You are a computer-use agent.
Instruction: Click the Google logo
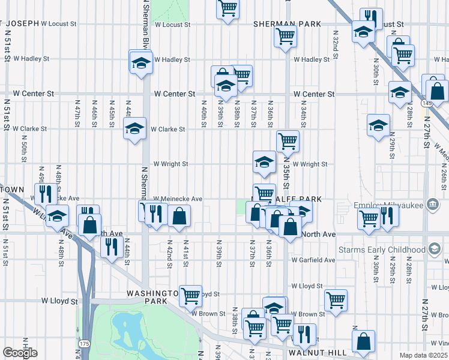(x=20, y=353)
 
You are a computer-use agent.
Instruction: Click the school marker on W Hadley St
(x=141, y=62)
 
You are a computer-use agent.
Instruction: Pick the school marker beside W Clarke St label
(x=134, y=128)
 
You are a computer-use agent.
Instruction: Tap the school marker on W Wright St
(x=264, y=161)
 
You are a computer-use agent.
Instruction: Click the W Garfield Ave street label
(x=313, y=260)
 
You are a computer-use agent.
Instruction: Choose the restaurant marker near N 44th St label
(x=112, y=246)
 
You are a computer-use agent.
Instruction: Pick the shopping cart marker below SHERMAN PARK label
(x=286, y=35)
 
